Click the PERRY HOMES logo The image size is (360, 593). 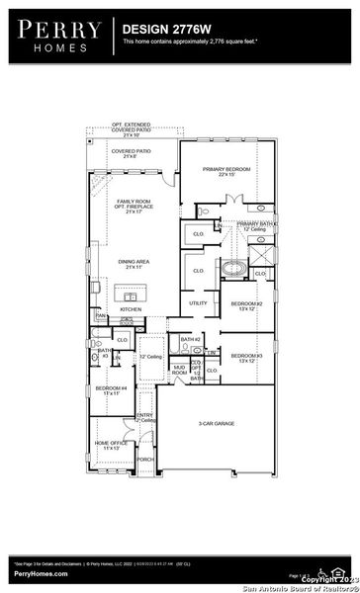pos(55,35)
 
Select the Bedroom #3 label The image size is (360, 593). pos(246,357)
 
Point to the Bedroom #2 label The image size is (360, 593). pos(246,305)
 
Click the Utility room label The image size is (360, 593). pos(198,303)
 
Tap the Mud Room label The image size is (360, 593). pos(179,370)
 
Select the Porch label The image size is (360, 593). pos(144,460)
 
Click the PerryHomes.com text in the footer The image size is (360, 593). pos(41,574)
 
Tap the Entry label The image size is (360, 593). pos(144,417)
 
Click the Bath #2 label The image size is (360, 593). pos(191,340)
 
